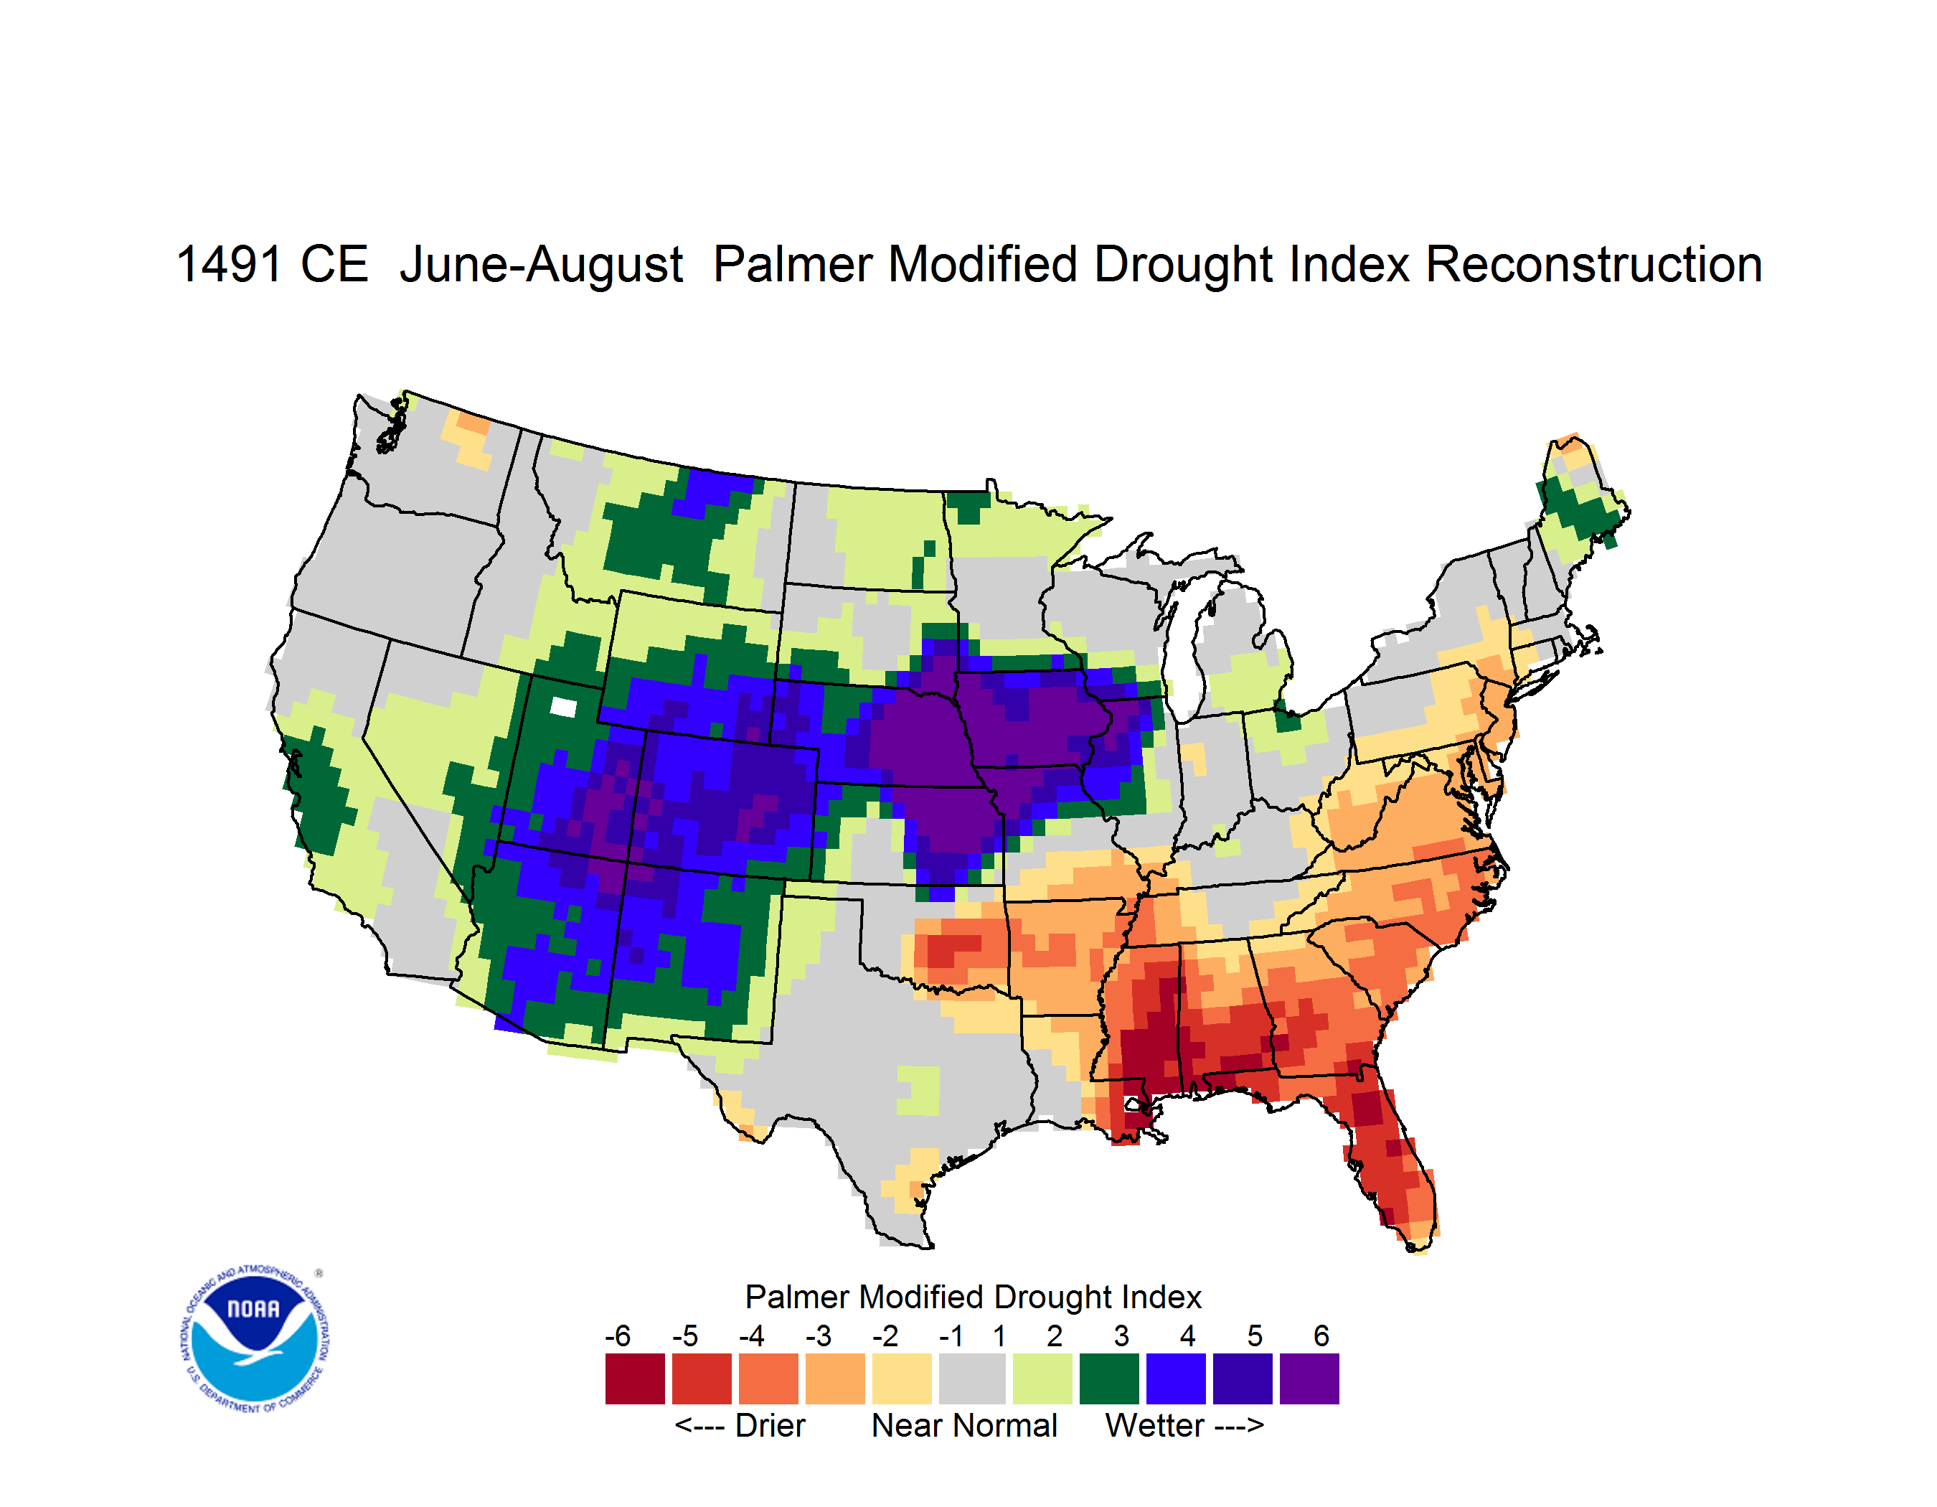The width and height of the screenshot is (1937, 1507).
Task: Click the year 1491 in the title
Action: tap(230, 264)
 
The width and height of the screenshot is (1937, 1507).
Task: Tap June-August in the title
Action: tap(541, 264)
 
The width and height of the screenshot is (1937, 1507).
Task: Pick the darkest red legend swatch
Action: tap(635, 1379)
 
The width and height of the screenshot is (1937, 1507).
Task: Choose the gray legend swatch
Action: tap(972, 1379)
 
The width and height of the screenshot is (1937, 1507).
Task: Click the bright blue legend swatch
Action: tap(1176, 1379)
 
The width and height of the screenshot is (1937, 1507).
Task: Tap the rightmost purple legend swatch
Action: tap(1309, 1379)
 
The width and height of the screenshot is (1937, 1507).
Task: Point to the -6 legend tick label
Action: tap(618, 1335)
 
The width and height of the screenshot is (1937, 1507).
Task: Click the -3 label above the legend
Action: tap(819, 1335)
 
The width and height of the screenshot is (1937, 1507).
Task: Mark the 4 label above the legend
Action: tap(1187, 1335)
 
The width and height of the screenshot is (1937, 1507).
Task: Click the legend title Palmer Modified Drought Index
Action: tap(973, 1297)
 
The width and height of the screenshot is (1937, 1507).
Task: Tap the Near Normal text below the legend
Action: tap(964, 1425)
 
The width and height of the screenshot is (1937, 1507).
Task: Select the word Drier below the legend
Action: tap(770, 1425)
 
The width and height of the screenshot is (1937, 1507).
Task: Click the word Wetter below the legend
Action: tap(1155, 1425)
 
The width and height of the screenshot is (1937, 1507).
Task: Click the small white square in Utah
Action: tap(563, 707)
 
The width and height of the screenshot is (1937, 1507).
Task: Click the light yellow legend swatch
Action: tap(902, 1379)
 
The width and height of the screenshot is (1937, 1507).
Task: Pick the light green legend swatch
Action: tap(1042, 1379)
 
